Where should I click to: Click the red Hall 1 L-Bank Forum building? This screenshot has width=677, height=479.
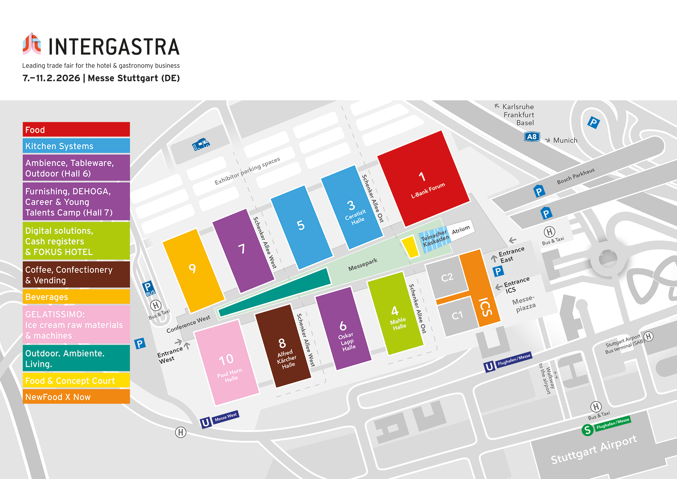click(x=423, y=179)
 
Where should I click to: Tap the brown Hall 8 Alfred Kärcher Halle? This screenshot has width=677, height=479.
click(x=283, y=346)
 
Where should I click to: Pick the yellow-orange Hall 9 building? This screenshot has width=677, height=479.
click(x=193, y=270)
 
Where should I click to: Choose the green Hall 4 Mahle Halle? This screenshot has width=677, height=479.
click(x=395, y=313)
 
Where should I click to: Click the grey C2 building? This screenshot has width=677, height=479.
click(x=447, y=277)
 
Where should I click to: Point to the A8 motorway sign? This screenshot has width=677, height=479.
click(x=532, y=137)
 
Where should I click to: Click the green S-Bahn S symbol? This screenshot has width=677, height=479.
click(x=587, y=430)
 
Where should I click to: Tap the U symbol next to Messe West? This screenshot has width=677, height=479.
click(x=205, y=422)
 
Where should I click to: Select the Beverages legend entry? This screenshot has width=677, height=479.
click(x=76, y=297)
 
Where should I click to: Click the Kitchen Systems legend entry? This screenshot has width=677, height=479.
click(x=76, y=146)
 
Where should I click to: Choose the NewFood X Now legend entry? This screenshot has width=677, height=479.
click(x=76, y=397)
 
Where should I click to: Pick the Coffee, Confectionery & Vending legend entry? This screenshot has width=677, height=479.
click(x=76, y=275)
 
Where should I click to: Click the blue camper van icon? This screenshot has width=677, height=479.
click(x=201, y=144)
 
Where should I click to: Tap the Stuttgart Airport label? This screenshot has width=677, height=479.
click(x=594, y=449)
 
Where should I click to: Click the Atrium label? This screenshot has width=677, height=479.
click(x=461, y=229)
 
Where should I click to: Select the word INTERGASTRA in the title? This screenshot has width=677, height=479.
click(x=114, y=47)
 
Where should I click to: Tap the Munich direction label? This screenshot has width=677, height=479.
click(x=565, y=140)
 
